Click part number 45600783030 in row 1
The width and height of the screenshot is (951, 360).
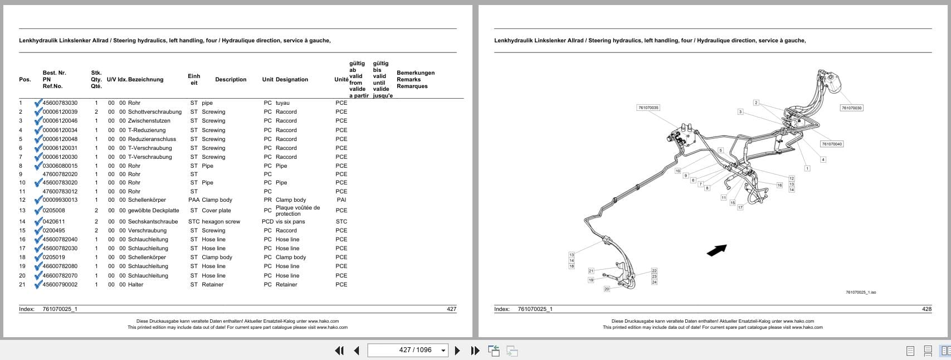pyautogui.click(x=60, y=103)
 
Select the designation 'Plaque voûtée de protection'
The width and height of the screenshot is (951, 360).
pyautogui.click(x=298, y=211)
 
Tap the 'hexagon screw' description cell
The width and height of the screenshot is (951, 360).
pyautogui.click(x=221, y=222)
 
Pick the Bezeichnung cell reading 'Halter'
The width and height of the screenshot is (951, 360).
pyautogui.click(x=135, y=285)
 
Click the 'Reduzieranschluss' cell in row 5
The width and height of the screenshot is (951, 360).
pyautogui.click(x=152, y=139)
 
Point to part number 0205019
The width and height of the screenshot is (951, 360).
pyautogui.click(x=53, y=257)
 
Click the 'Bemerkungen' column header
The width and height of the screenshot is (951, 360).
pyautogui.click(x=415, y=73)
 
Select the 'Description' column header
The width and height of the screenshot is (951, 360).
pyautogui.click(x=231, y=80)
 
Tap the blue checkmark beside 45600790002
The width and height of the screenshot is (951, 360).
pyautogui.click(x=38, y=285)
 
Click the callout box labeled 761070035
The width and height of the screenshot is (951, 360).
pyautogui.click(x=648, y=108)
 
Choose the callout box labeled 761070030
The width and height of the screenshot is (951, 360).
pyautogui.click(x=851, y=108)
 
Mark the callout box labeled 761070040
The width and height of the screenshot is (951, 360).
pyautogui.click(x=832, y=144)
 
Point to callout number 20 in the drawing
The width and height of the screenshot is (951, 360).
pyautogui.click(x=607, y=289)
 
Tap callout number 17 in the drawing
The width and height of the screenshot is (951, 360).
pyautogui.click(x=740, y=207)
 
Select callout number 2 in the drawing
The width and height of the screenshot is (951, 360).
pyautogui.click(x=756, y=103)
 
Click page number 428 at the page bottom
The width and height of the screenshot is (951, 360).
pyautogui.click(x=926, y=309)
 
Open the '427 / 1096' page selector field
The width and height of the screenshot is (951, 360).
pyautogui.click(x=408, y=350)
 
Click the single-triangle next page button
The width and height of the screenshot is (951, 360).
pyautogui.click(x=457, y=351)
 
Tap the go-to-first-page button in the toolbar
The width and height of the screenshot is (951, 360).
pyautogui.click(x=339, y=351)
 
